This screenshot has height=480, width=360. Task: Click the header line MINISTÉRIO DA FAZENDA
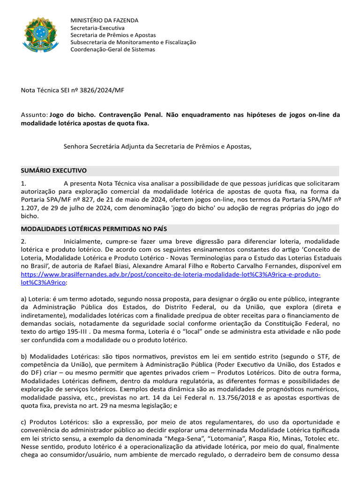pyautogui.click(x=104, y=21)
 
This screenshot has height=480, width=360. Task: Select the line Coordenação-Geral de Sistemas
pyautogui.click(x=112, y=49)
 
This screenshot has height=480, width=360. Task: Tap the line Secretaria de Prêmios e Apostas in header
pyautogui.click(x=113, y=35)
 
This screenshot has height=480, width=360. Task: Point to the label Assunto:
pyautogui.click(x=34, y=115)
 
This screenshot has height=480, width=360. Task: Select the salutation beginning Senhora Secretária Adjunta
pyautogui.click(x=157, y=146)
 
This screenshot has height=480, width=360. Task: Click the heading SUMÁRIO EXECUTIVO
pyautogui.click(x=54, y=170)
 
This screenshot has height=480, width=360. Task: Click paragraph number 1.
pyautogui.click(x=23, y=183)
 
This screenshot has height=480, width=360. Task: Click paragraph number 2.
pyautogui.click(x=23, y=241)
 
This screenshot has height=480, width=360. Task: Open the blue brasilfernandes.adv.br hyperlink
pyautogui.click(x=171, y=274)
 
